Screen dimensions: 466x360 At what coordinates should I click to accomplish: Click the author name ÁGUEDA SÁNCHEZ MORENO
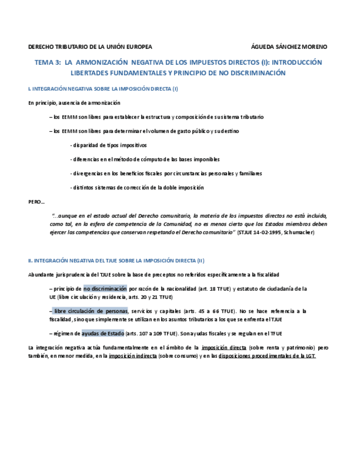[289, 47]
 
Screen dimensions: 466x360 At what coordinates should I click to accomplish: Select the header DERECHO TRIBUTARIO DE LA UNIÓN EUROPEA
[90, 47]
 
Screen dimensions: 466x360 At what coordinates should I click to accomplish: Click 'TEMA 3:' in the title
[48, 62]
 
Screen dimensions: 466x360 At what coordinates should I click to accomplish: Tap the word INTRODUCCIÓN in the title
[297, 62]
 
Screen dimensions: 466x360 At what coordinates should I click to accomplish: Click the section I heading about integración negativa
[103, 88]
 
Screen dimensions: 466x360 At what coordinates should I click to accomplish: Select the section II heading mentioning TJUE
[116, 260]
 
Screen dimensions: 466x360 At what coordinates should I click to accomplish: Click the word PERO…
[36, 202]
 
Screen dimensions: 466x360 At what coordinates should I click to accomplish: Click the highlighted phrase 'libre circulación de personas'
[91, 311]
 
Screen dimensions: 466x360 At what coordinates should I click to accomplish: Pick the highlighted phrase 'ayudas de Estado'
[103, 333]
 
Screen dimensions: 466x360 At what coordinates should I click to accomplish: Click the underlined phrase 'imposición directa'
[224, 348]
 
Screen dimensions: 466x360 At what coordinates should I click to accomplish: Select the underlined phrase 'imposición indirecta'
[132, 356]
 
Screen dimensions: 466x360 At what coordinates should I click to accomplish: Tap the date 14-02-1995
[265, 232]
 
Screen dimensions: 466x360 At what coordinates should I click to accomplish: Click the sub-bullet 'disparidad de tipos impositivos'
[109, 145]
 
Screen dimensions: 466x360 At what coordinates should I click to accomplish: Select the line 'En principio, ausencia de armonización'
[74, 103]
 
